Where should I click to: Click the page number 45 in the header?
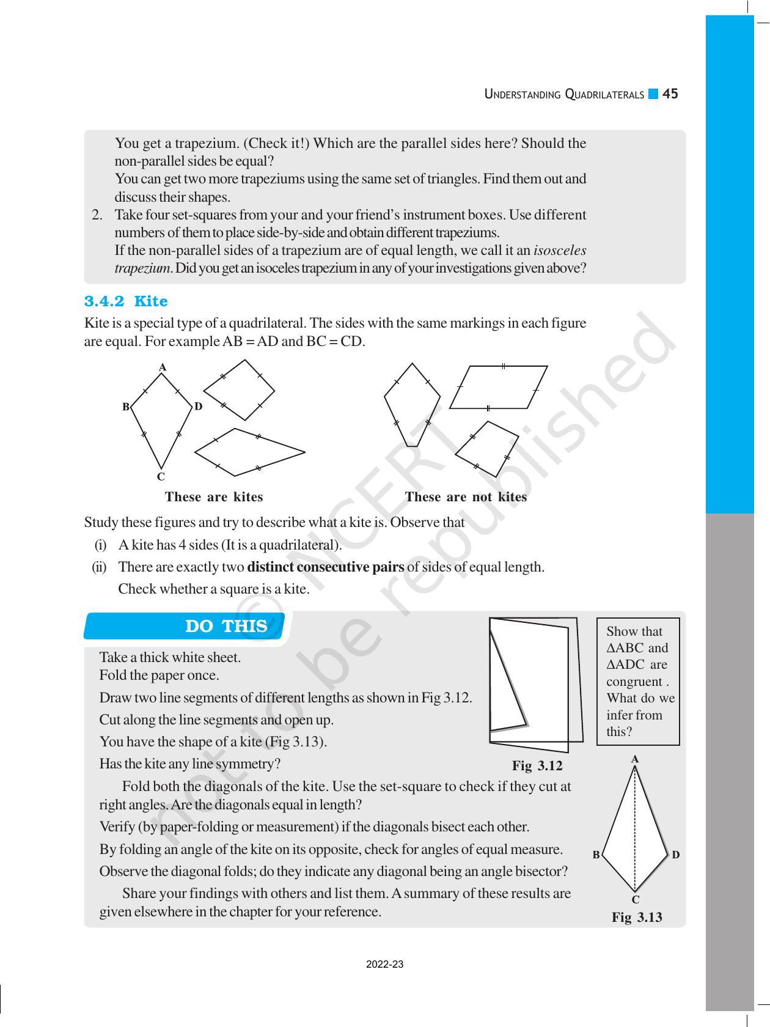click(670, 94)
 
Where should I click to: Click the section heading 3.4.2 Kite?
click(126, 301)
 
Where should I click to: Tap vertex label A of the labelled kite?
click(163, 367)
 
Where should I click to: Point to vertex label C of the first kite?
click(161, 477)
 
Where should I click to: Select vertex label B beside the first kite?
click(126, 407)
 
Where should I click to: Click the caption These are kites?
click(214, 497)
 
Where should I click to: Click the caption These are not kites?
click(466, 497)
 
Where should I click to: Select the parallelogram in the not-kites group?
click(498, 387)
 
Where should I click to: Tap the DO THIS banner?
click(226, 627)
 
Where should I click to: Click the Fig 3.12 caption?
click(537, 766)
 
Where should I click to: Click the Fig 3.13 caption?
click(637, 917)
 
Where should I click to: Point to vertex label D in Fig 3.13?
click(675, 855)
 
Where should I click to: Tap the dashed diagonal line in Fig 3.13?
click(635, 831)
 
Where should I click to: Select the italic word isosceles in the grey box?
click(560, 251)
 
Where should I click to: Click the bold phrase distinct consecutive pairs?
click(325, 567)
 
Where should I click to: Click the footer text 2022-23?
click(384, 965)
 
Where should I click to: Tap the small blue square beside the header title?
click(653, 94)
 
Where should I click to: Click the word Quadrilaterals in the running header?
click(604, 95)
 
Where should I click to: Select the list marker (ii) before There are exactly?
click(99, 567)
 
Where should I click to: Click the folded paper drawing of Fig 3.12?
click(533, 683)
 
